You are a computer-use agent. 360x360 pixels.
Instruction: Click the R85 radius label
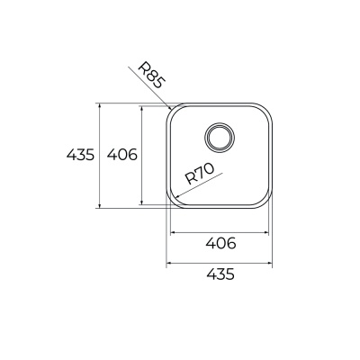tap(151, 76)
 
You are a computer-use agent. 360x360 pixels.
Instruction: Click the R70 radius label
tap(199, 174)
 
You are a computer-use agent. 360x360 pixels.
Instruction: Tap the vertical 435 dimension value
tap(80, 155)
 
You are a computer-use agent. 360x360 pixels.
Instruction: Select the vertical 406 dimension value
tap(122, 155)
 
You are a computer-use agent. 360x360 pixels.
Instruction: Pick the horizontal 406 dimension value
tap(220, 243)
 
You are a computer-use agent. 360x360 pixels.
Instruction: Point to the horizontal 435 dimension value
tap(220, 274)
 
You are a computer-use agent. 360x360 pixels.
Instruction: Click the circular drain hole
tap(220, 138)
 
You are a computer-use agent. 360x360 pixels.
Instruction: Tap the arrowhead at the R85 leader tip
tap(169, 107)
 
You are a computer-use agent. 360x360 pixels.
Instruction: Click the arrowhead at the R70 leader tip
tap(176, 196)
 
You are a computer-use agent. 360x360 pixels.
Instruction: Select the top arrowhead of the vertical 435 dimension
tap(100, 106)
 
